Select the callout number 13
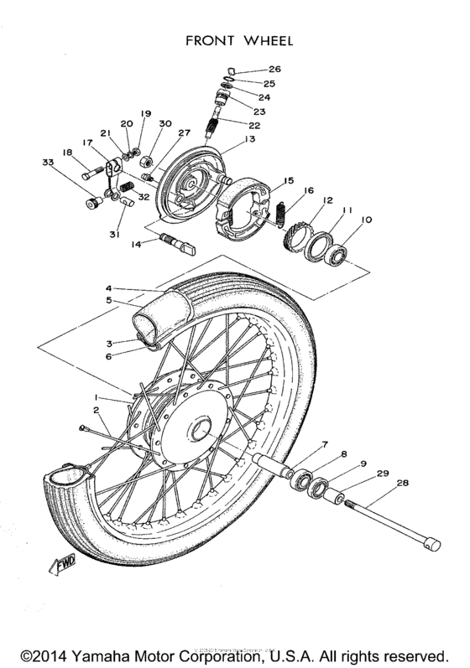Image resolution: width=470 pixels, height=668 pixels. (250, 140)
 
